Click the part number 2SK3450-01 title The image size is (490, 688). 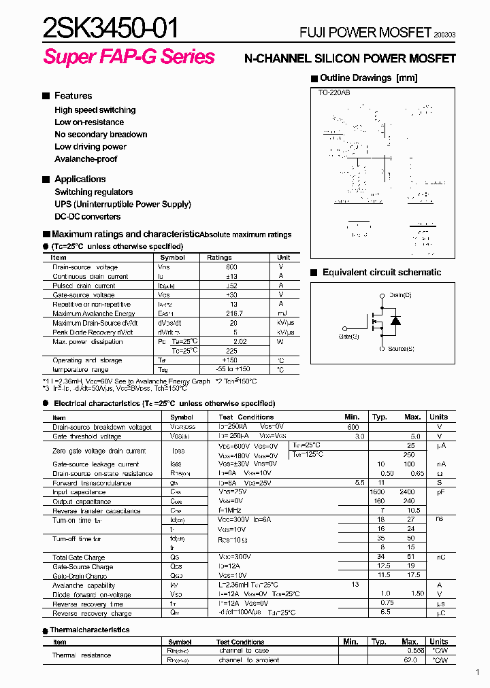(112, 28)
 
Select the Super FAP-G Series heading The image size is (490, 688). (129, 57)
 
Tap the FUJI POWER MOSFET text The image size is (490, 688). (365, 33)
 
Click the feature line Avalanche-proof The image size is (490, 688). (86, 159)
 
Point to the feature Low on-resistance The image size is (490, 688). (89, 122)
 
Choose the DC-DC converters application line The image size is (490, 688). (88, 217)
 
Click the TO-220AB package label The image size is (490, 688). (334, 92)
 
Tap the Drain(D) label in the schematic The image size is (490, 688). (400, 295)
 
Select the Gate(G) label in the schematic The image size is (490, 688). (348, 336)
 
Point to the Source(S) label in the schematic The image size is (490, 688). (401, 349)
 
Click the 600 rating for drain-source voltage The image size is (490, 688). (231, 267)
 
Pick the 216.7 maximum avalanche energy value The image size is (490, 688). (233, 313)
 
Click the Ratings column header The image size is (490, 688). (219, 258)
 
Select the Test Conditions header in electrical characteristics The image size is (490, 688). (246, 417)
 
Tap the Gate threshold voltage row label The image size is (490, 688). (87, 436)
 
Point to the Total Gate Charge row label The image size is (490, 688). (79, 557)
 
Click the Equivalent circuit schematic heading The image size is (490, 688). (381, 273)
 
